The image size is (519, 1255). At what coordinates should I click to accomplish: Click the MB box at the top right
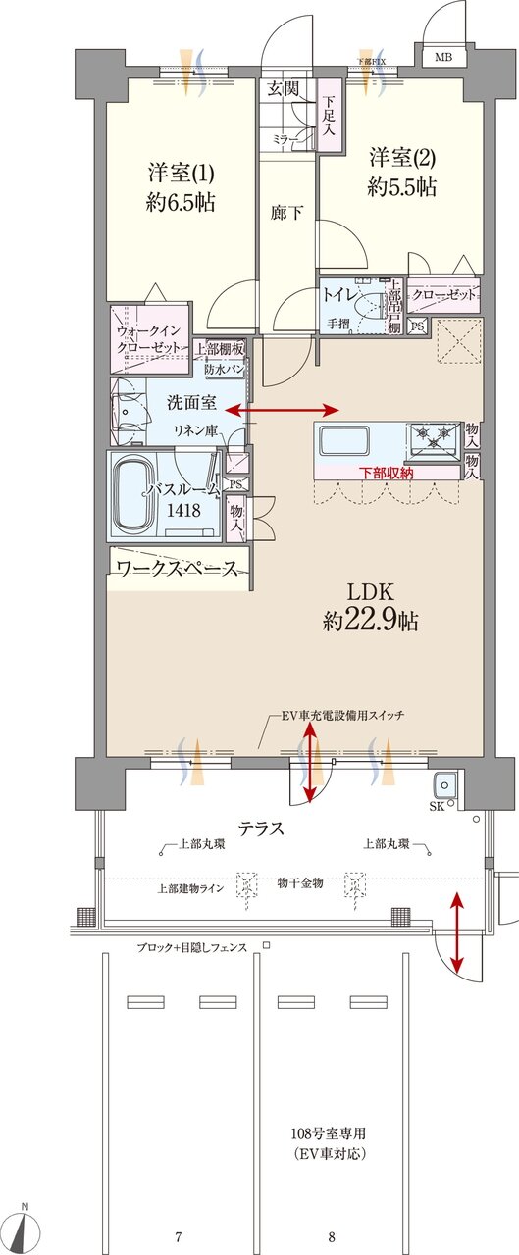pos(444,57)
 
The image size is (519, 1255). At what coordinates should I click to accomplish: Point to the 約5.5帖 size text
pos(402,188)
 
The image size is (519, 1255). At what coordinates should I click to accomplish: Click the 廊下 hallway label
pos(286,212)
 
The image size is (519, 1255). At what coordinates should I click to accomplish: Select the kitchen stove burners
pos(432,435)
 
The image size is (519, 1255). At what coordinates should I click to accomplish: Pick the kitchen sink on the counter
pos(338,437)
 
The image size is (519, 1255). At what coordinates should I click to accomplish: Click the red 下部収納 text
pos(387,473)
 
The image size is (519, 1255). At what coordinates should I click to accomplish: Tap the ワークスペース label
pos(177,569)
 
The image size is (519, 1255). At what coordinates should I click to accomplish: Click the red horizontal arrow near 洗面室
pos(292,410)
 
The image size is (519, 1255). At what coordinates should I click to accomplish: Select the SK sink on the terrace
pos(445,786)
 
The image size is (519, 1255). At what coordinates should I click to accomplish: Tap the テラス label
pos(259,828)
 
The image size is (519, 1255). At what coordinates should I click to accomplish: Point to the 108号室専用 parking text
pos(334,1133)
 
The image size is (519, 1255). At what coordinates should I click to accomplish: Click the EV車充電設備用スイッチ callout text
pos(343,716)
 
